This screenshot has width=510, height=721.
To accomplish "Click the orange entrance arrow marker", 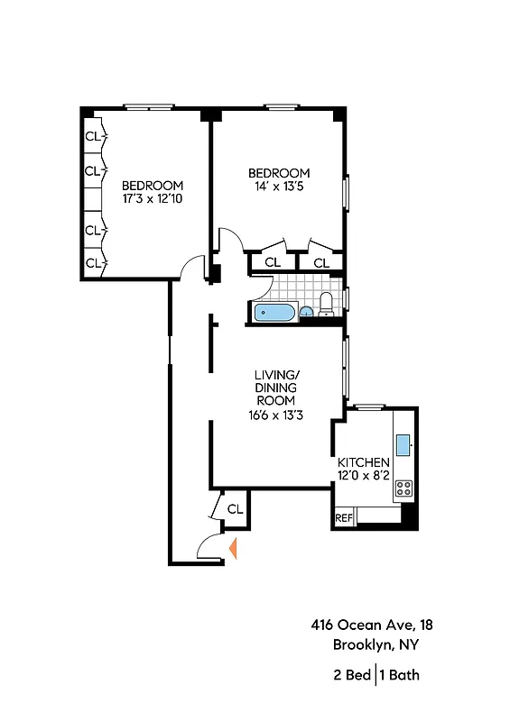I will click(x=234, y=548).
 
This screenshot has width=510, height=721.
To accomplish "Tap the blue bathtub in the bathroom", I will click(x=274, y=313).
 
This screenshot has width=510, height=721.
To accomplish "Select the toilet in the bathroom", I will click(x=327, y=305).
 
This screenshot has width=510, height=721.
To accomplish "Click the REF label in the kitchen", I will click(x=343, y=518).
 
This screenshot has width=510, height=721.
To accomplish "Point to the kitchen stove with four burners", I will click(x=404, y=488).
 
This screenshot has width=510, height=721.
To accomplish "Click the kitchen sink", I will click(x=403, y=443).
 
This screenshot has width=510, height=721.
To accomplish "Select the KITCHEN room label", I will click(x=364, y=462).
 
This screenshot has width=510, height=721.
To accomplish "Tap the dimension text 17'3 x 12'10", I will click(x=153, y=199).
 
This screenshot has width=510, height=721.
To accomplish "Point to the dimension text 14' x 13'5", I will click(x=279, y=187).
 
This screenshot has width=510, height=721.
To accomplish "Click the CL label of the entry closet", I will click(x=235, y=509).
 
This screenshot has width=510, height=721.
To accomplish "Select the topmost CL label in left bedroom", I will click(x=92, y=137).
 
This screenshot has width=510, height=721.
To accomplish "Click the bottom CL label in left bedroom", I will click(x=92, y=262).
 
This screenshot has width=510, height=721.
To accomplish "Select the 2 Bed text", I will click(x=351, y=674).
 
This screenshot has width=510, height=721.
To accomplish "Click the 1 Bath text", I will click(x=400, y=674).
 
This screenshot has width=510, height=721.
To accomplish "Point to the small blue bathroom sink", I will click(x=306, y=313).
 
